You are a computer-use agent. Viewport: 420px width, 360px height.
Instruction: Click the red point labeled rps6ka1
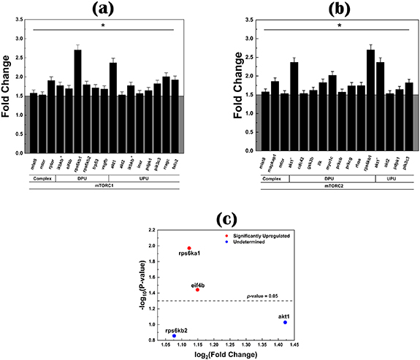pyautogui.click(x=189, y=248)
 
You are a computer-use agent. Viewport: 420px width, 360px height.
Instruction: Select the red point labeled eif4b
pyautogui.click(x=197, y=290)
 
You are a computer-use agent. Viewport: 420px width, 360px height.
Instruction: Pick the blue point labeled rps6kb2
pyautogui.click(x=174, y=336)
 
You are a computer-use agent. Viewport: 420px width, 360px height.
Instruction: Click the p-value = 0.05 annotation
pyautogui.click(x=272, y=295)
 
